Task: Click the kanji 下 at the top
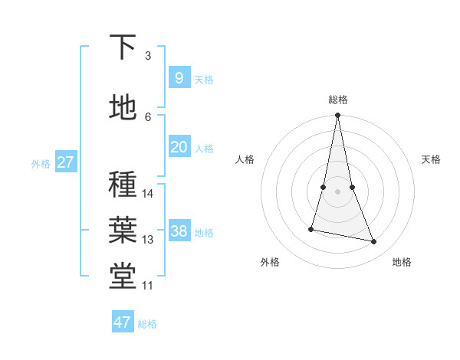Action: (x=123, y=47)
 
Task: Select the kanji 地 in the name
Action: (x=123, y=107)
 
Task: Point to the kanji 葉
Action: (x=123, y=230)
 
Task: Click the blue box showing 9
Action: (x=179, y=78)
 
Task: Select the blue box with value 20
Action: (x=179, y=147)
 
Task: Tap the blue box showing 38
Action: (x=179, y=231)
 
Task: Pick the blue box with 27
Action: (x=66, y=162)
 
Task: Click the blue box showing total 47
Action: (x=123, y=322)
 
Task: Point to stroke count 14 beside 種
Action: (x=148, y=194)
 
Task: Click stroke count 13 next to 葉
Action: (x=148, y=240)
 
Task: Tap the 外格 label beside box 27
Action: (x=41, y=163)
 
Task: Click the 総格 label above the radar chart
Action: (x=337, y=100)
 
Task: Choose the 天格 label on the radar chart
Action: (x=431, y=159)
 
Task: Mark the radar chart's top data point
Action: (x=337, y=116)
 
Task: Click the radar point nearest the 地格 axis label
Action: (x=374, y=242)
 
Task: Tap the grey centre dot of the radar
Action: (x=337, y=191)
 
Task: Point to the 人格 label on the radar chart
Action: (x=245, y=159)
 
